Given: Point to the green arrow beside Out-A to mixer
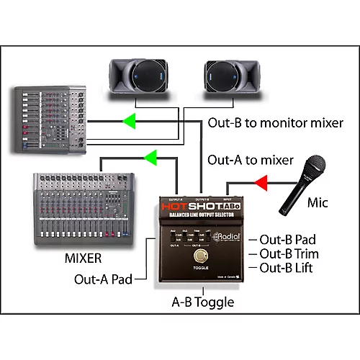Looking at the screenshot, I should click(x=151, y=156).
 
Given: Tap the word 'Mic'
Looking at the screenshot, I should click(x=317, y=203).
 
